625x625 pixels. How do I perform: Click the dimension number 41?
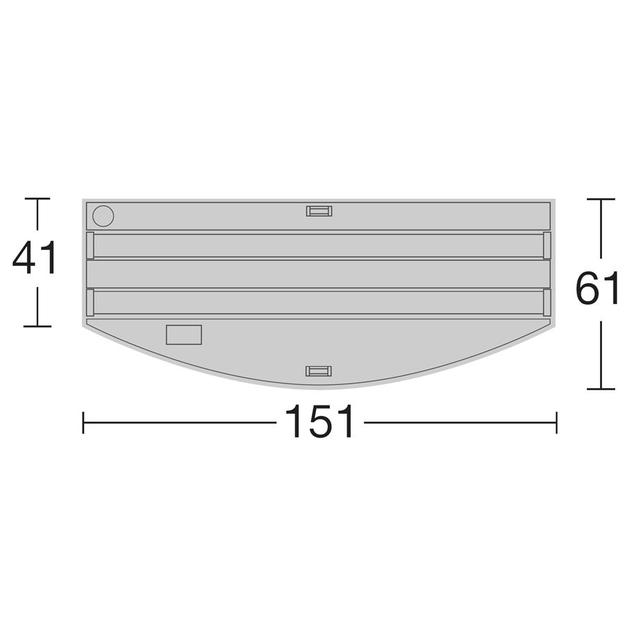point(34,258)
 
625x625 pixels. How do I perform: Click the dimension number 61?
point(597,288)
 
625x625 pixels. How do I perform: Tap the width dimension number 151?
point(319,422)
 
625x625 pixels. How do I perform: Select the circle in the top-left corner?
point(103,216)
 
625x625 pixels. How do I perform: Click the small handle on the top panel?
point(319,211)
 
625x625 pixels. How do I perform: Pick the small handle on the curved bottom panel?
point(319,371)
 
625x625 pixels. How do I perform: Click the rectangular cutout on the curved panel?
point(184,335)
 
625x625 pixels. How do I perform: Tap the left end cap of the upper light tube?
point(90,245)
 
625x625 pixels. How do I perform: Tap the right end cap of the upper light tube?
point(547,245)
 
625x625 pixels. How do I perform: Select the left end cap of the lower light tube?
point(90,303)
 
